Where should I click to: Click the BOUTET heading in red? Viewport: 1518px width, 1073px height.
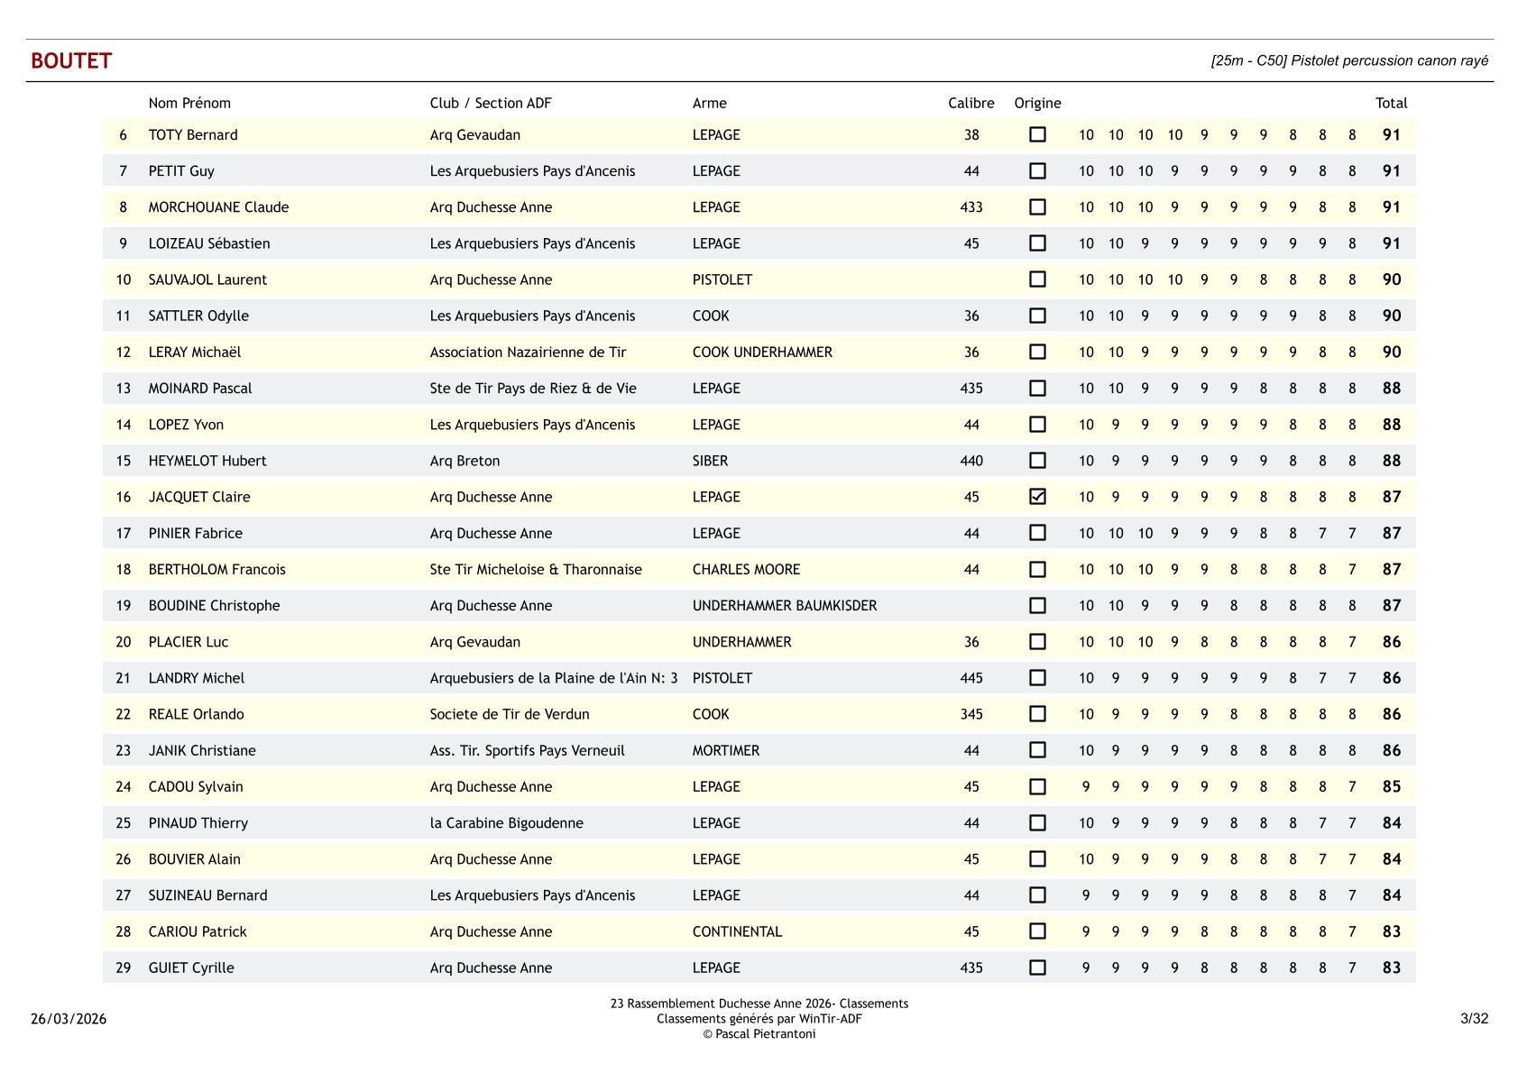71,60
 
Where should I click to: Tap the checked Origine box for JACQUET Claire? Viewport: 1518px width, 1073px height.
1037,497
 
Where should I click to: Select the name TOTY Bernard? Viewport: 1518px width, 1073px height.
193,135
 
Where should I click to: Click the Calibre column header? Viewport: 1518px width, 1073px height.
971,103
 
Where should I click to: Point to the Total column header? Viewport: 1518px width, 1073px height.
1391,103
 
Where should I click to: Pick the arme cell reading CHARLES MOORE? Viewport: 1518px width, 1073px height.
746,569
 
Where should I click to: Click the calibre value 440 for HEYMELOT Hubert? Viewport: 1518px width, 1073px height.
971,461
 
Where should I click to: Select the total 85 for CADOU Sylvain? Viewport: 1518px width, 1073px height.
1391,786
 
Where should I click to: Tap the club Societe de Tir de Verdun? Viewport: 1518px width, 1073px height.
509,714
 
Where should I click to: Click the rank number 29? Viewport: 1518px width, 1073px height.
124,968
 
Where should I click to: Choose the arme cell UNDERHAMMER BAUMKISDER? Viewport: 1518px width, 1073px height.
784,605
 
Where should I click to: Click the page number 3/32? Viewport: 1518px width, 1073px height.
1474,1019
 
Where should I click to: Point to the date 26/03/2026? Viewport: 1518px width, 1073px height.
69,1019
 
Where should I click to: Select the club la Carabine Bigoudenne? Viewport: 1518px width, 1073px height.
506,822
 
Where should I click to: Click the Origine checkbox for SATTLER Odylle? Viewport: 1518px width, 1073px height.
1037,316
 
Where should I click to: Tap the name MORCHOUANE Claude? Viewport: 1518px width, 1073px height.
218,207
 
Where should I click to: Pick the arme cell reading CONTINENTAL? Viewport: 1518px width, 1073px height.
737,931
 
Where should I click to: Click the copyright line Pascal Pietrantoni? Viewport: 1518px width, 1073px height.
759,1034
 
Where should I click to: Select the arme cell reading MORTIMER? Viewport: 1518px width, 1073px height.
725,750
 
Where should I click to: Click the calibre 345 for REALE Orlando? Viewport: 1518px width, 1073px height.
971,714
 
